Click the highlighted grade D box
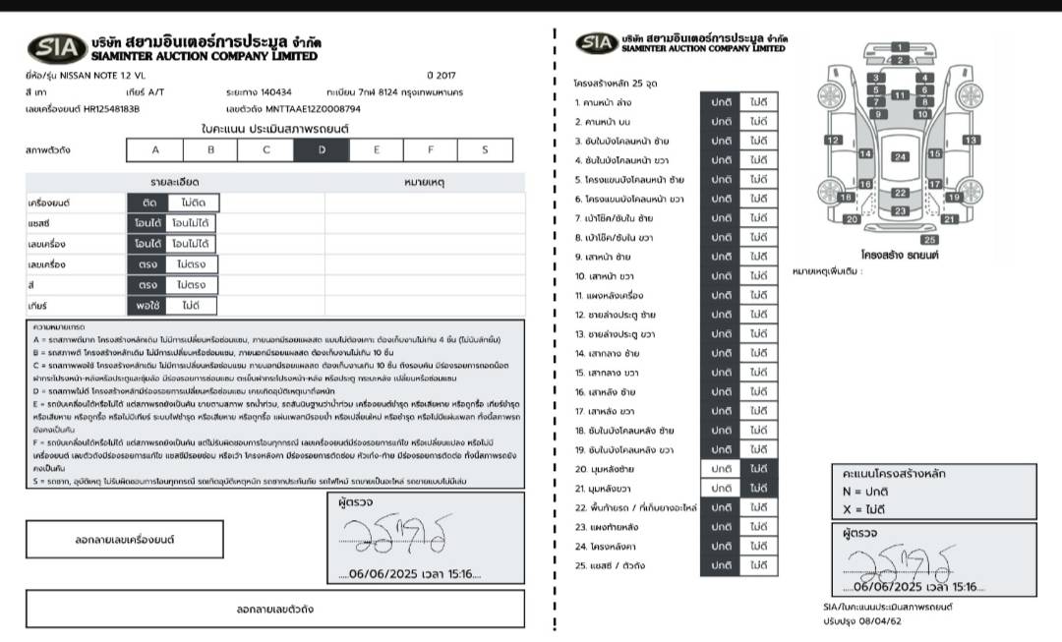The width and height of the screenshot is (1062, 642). tap(322, 150)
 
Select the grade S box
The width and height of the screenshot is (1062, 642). tap(485, 150)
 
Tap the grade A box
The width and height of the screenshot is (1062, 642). tap(154, 150)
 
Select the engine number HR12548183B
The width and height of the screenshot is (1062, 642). tap(111, 109)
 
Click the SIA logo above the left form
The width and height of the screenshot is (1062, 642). tap(57, 47)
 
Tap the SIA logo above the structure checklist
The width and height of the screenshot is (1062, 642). tap(597, 42)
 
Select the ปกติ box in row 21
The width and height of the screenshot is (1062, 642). tap(722, 489)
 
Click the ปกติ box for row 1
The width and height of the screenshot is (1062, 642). tap(722, 102)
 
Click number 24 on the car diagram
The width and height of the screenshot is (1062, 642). tap(900, 156)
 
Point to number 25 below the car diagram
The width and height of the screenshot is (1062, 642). tap(929, 239)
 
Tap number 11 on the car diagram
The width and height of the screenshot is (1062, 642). tap(899, 95)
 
